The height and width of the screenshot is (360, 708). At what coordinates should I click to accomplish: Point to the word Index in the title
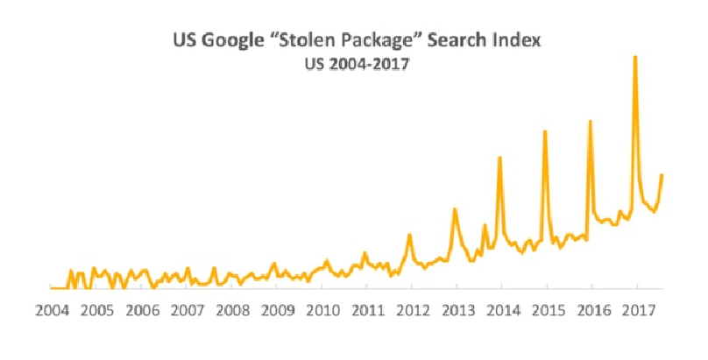515,40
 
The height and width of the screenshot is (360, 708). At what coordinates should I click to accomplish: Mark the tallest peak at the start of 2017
635,57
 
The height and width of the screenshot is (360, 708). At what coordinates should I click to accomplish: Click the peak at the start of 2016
590,122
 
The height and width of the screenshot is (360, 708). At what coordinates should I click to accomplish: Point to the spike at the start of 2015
545,131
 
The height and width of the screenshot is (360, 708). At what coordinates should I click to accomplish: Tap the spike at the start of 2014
499,158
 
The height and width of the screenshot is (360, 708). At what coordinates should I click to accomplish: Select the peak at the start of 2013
455,209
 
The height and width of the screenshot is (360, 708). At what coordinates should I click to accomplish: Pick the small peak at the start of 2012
409,235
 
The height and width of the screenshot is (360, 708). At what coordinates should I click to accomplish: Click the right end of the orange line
662,175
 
